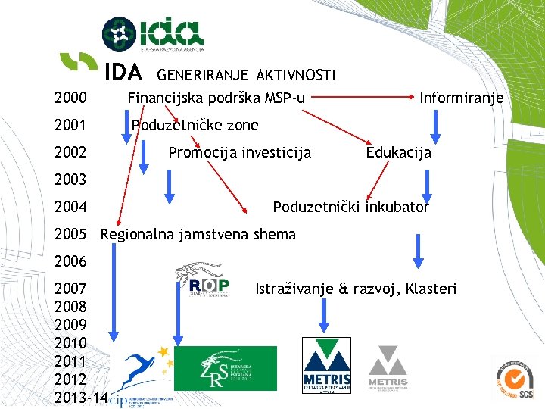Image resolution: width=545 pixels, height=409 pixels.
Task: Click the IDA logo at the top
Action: (153, 34)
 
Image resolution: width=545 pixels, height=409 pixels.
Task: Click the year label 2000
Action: (70, 98)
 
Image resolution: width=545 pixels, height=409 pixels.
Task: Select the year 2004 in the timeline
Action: (70, 207)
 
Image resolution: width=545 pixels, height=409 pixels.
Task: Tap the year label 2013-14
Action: (81, 398)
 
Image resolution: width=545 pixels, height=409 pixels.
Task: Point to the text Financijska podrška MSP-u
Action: (216, 98)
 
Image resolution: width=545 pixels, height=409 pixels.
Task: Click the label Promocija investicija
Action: (239, 152)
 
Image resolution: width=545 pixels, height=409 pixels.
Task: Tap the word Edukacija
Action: (398, 152)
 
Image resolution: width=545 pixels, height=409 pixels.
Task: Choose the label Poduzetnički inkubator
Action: (350, 207)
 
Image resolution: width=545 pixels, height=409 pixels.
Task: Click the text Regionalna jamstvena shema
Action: (198, 234)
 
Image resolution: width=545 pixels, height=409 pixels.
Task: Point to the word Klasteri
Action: (431, 289)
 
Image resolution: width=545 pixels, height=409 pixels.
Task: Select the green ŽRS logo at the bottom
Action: (225, 368)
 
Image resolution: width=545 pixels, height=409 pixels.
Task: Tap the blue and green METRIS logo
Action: (326, 365)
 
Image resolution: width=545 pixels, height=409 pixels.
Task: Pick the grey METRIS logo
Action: (388, 368)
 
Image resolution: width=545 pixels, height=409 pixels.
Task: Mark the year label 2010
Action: (70, 343)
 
